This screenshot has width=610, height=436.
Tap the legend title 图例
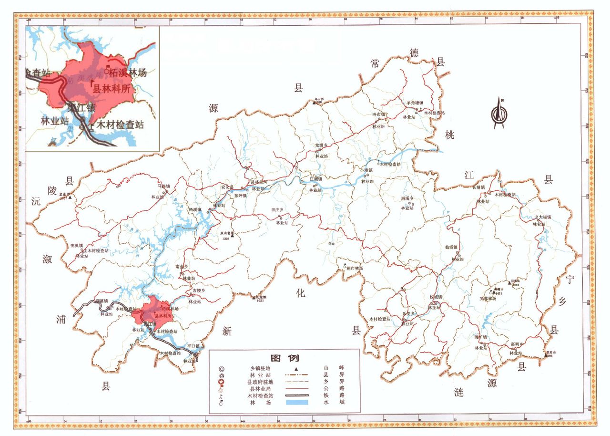click(x=285, y=358)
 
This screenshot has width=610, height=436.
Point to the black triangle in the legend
click(x=296, y=368)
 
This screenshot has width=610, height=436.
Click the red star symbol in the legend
click(x=221, y=382)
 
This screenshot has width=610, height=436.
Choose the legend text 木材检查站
click(x=261, y=395)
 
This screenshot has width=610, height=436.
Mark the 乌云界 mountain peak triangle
click(x=315, y=101)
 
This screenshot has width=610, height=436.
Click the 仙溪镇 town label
click(x=452, y=247)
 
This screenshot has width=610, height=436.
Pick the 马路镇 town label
click(x=163, y=186)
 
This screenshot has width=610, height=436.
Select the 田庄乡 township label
click(x=277, y=209)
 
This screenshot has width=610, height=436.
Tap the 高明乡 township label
click(x=517, y=344)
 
